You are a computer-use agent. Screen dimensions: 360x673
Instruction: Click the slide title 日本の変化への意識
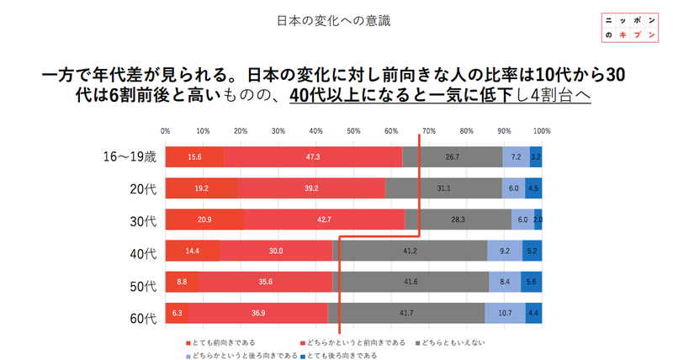tap(336, 19)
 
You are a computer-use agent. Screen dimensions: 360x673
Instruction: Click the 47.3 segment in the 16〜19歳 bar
tap(313, 157)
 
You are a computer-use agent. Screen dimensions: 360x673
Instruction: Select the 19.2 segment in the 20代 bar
tap(201, 189)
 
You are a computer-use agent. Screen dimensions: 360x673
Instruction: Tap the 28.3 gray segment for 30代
tap(458, 220)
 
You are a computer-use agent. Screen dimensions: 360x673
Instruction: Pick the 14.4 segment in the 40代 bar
tap(193, 251)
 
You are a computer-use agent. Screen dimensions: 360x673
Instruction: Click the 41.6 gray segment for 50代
tap(411, 282)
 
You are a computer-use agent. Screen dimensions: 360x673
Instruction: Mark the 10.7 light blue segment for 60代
tap(505, 313)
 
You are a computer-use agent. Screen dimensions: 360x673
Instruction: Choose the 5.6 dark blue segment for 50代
tap(531, 282)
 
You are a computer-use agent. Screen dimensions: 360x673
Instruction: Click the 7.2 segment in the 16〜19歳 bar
tap(516, 157)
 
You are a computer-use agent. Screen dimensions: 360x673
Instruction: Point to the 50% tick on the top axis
tap(353, 131)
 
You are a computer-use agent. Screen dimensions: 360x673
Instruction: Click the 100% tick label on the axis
tap(541, 131)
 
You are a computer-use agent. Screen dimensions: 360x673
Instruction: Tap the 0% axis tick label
tap(166, 131)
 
